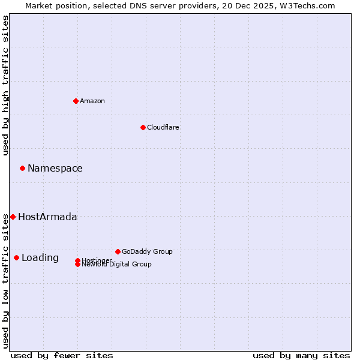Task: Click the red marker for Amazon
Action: (76, 101)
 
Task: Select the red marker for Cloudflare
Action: (143, 127)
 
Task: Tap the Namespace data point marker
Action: (22, 168)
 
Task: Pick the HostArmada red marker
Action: (13, 217)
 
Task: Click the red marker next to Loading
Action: (16, 257)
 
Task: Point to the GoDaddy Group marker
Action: (118, 251)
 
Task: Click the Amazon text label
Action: (92, 101)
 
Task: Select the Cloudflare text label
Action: (163, 127)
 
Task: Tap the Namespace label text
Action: (55, 168)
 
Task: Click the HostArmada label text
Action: (47, 217)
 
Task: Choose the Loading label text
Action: (40, 257)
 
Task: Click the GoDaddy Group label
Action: (147, 251)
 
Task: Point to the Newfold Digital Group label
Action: (116, 265)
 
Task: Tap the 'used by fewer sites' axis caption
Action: (62, 355)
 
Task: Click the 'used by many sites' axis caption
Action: (301, 355)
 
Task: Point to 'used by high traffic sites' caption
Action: (5, 85)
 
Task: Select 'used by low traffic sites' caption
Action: (5, 280)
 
